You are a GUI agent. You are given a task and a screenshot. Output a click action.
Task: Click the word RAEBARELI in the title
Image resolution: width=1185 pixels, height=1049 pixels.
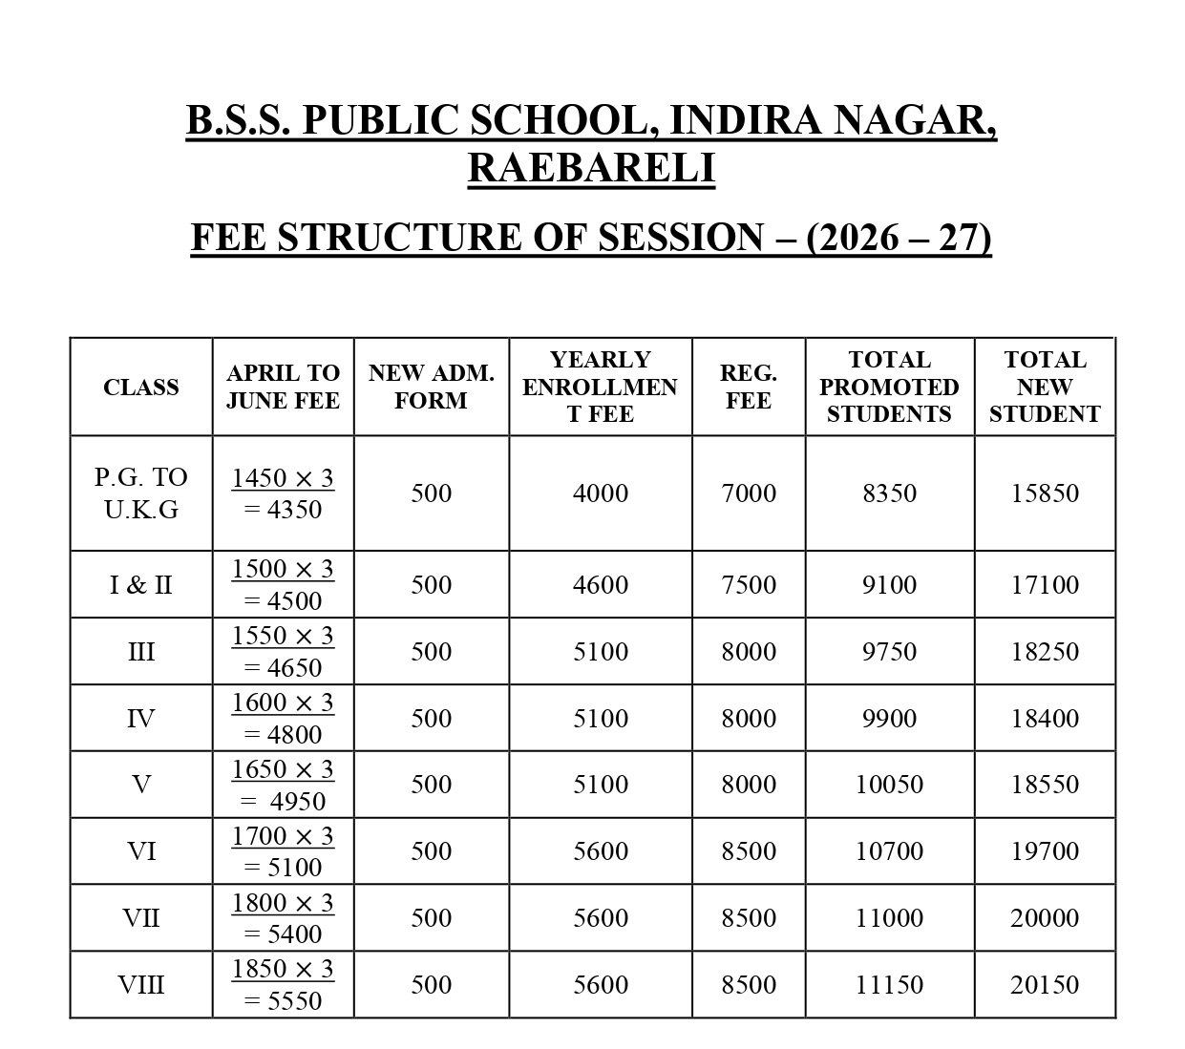pos(591,167)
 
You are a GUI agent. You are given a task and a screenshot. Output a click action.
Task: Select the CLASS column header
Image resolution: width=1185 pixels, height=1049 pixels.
pos(141,387)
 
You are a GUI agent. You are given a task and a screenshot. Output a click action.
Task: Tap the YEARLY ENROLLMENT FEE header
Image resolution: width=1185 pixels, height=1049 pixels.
pos(600,387)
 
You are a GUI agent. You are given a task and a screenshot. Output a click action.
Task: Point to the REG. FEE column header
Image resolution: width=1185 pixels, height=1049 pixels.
pos(749,387)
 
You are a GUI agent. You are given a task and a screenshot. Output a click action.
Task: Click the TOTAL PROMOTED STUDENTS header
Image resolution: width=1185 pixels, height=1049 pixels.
pos(889,387)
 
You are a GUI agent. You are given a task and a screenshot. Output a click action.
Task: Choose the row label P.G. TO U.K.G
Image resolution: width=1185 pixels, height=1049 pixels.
pos(141,493)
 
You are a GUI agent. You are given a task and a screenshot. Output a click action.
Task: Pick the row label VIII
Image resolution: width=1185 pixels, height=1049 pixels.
pos(141,984)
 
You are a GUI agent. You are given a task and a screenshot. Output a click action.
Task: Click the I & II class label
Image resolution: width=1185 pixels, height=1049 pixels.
pos(141,584)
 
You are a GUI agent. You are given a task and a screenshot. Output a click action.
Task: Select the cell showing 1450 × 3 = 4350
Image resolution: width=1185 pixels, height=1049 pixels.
pos(283,493)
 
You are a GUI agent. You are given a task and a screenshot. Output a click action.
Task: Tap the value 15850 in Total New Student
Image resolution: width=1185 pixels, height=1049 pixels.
pos(1045,493)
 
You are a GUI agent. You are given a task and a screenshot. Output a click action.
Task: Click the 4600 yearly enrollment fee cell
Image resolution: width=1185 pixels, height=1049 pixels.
pos(601,584)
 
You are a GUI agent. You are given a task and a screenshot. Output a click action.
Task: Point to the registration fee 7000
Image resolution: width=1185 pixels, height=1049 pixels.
pos(749,493)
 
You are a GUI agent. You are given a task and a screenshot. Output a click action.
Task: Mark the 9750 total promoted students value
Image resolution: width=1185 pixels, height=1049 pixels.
pos(889,651)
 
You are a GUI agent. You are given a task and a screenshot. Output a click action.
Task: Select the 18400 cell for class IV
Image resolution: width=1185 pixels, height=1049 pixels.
pos(1045,718)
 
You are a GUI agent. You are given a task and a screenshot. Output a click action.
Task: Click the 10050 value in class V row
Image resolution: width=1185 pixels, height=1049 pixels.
pos(889,784)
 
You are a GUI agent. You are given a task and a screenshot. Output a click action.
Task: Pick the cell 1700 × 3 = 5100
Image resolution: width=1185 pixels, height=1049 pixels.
pos(283,850)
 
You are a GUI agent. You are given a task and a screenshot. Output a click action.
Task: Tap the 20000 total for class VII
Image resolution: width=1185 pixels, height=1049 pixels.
pos(1045,917)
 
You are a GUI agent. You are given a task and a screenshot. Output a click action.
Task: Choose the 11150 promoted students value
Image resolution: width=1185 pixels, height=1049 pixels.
pos(889,984)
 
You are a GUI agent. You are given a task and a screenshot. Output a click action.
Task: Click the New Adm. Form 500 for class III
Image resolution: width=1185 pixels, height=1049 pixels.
pos(431,651)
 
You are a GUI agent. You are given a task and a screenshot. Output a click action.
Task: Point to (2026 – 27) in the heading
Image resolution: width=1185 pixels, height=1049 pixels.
pos(899,237)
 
